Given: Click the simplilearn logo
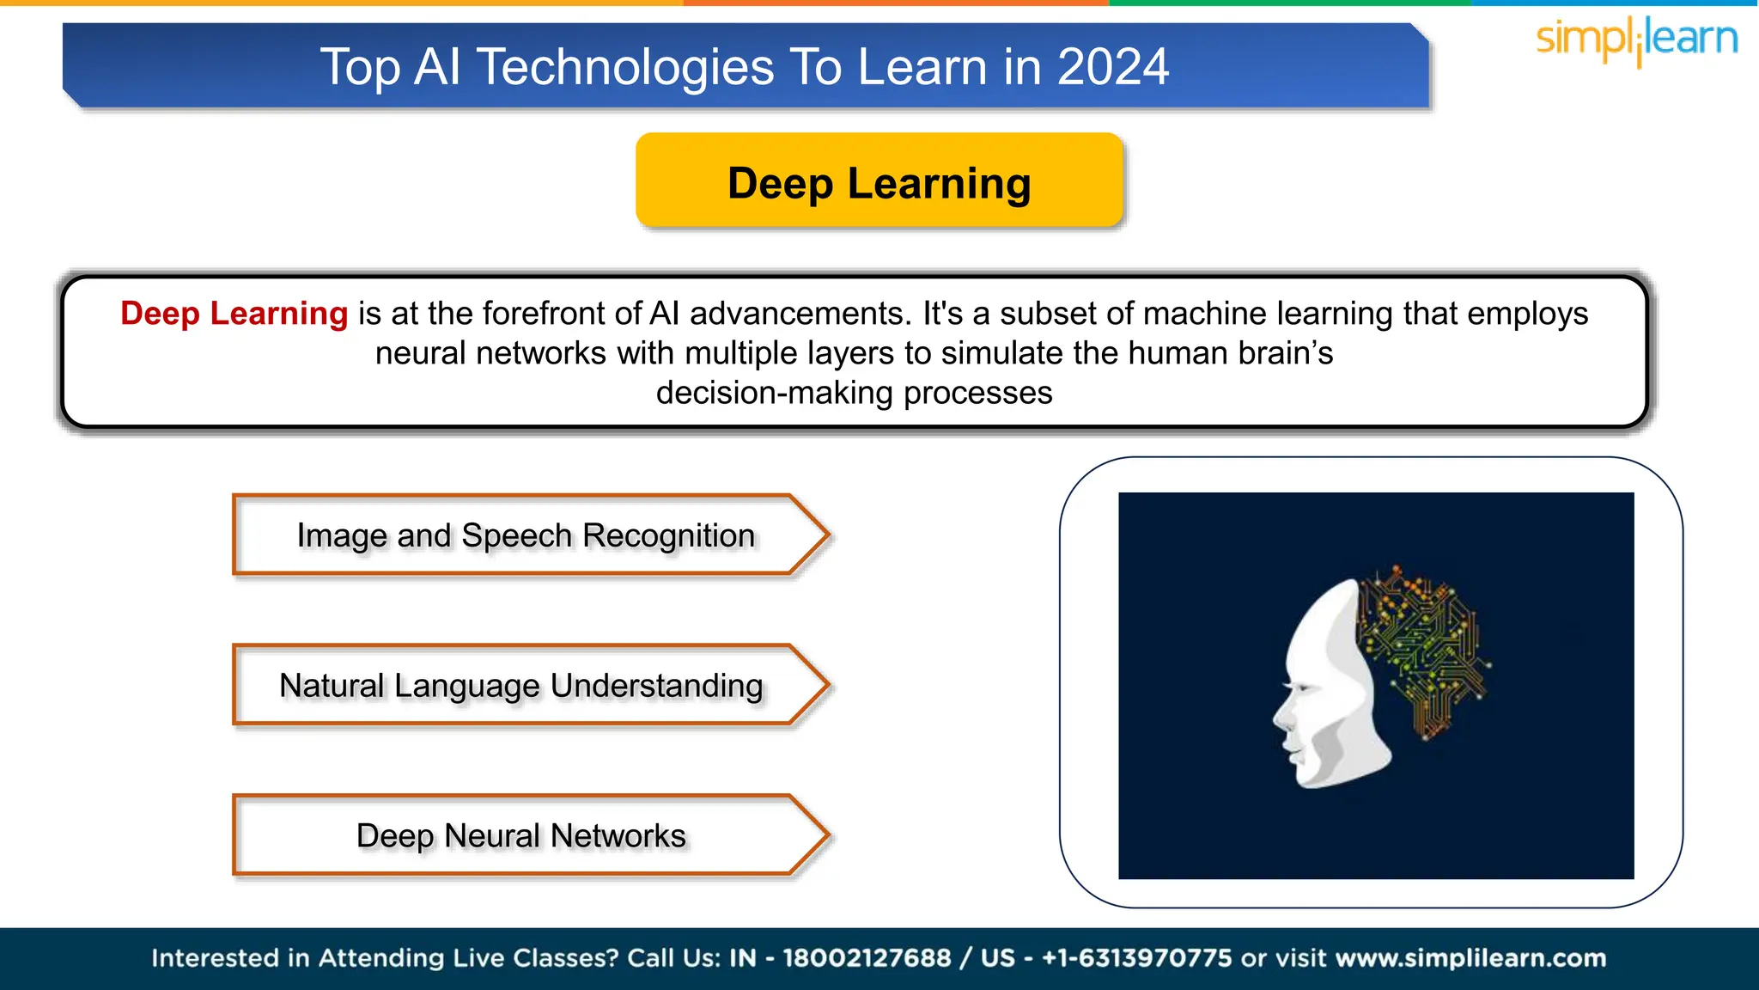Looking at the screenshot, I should pos(1636,40).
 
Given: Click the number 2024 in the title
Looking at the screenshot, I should pos(1112,67).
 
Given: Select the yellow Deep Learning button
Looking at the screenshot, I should pos(879,181).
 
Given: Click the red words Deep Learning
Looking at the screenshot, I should pos(234,314).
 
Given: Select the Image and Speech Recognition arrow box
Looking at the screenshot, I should pos(526,535).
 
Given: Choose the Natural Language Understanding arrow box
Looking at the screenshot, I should pos(520,686).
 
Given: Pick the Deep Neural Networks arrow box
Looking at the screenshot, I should pos(520,835).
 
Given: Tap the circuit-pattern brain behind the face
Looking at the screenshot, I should pos(1426,645).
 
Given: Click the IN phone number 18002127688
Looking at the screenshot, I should pos(867,958).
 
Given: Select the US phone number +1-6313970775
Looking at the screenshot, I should pos(1136,958).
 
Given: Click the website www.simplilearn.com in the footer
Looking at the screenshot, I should pos(1470,958).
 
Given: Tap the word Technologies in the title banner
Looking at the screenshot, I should pos(625,67).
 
